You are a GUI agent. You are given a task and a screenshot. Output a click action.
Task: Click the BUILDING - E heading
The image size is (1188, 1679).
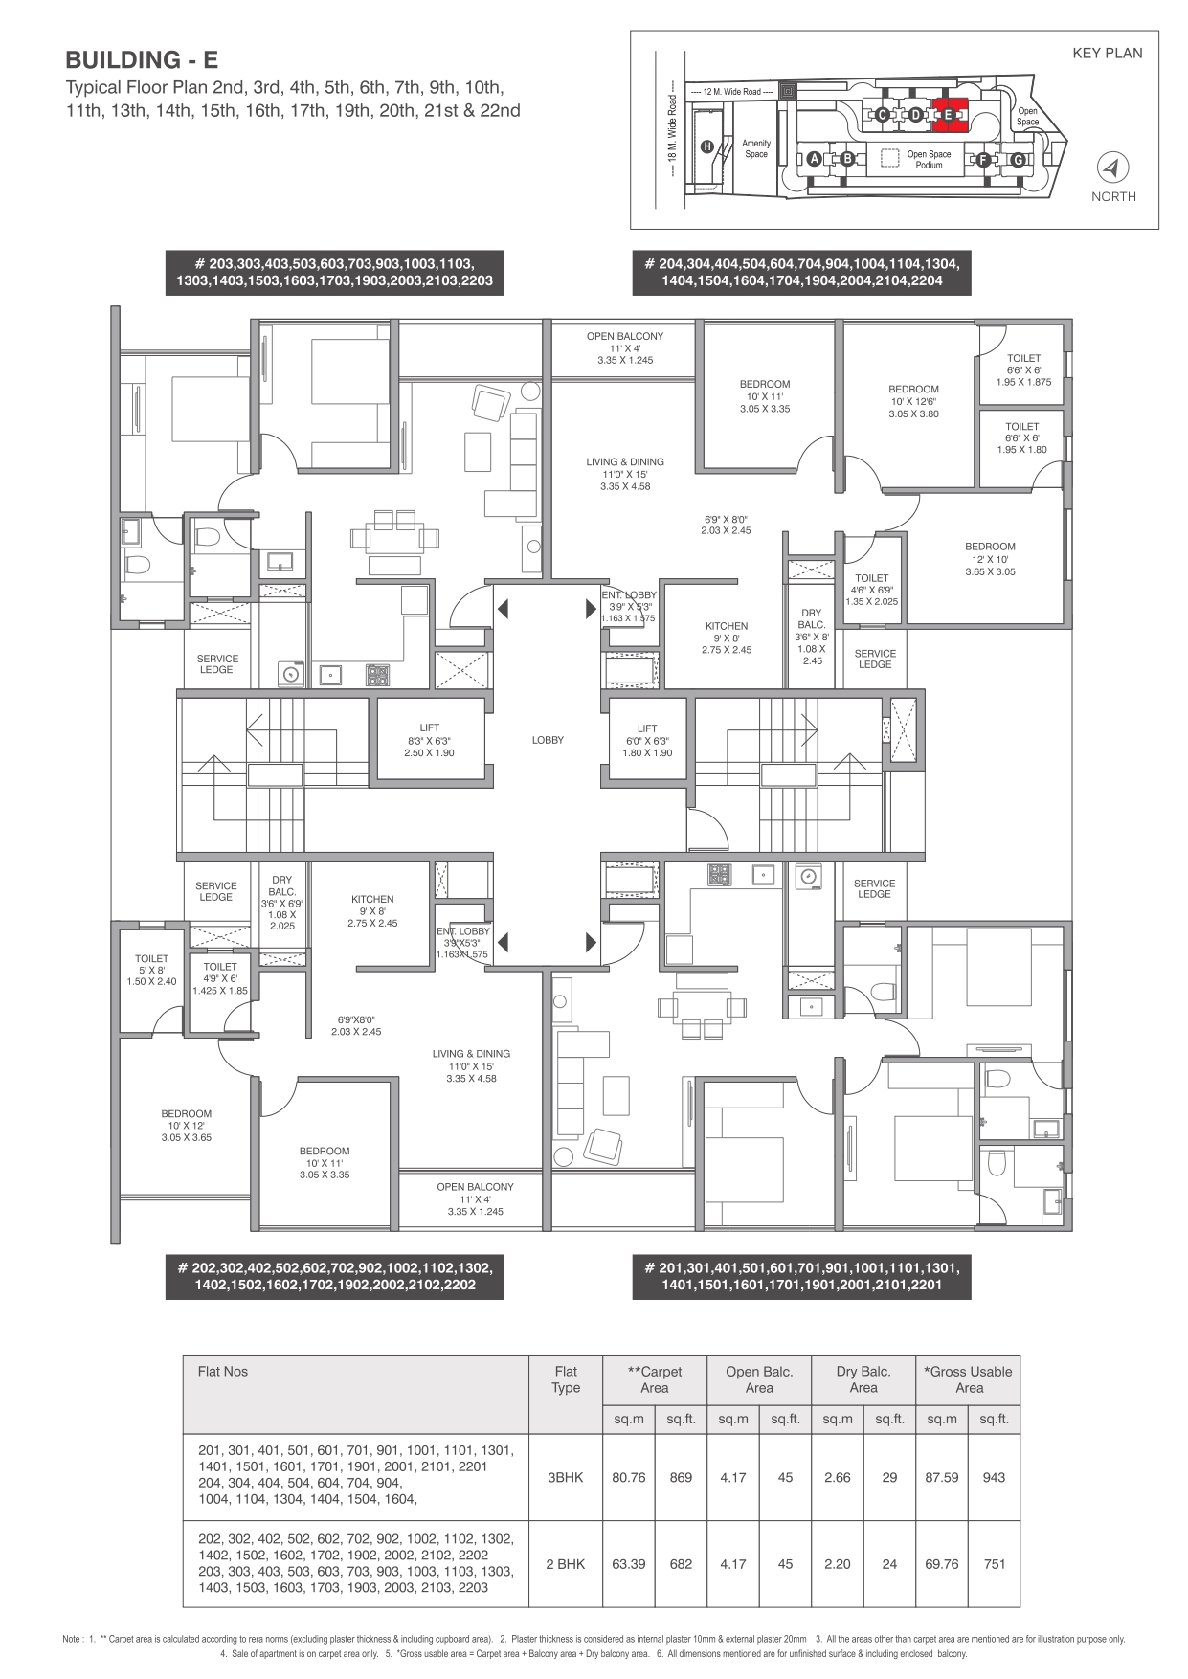click(142, 60)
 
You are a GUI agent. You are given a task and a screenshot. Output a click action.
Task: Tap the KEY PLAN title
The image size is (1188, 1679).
click(1107, 54)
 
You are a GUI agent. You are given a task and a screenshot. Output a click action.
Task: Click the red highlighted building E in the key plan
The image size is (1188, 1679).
click(949, 114)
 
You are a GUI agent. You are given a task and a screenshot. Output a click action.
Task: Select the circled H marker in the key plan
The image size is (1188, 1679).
click(707, 146)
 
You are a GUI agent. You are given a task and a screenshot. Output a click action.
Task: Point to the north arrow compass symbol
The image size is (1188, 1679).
click(1112, 168)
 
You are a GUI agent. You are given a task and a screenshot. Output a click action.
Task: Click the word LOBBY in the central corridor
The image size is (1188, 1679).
click(549, 740)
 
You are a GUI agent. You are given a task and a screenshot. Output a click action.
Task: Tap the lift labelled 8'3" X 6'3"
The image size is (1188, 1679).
click(429, 741)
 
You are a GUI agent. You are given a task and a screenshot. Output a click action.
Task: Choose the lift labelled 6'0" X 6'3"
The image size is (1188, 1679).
click(647, 741)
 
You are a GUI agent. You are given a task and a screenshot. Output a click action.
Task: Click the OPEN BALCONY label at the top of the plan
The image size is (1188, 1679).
click(625, 336)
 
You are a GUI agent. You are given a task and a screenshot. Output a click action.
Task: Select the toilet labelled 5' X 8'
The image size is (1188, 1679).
click(151, 970)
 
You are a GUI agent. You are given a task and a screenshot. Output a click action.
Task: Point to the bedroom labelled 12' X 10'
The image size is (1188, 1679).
click(990, 559)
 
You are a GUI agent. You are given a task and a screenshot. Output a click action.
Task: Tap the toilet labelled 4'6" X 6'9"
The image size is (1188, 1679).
click(872, 590)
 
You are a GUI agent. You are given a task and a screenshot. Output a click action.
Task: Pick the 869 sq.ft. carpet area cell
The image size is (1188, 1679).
click(681, 1477)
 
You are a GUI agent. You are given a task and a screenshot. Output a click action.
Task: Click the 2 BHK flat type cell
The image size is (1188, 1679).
click(565, 1564)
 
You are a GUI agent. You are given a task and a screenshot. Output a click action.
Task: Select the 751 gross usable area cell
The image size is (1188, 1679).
click(994, 1564)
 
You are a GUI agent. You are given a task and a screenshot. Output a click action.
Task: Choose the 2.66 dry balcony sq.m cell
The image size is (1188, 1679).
click(837, 1477)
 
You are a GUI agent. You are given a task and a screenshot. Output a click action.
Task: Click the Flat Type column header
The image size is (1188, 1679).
click(566, 1379)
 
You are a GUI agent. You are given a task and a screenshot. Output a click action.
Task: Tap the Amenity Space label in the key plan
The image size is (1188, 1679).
click(756, 148)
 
